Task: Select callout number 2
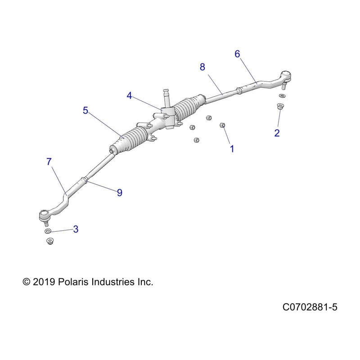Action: pos(277,132)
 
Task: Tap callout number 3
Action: pos(76,229)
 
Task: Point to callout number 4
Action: pos(130,95)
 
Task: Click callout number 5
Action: pos(85,110)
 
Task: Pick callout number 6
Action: pos(237,54)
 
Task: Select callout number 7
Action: pos(49,162)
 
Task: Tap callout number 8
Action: pos(202,67)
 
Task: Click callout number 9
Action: pos(119,192)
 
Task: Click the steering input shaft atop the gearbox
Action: pos(165,97)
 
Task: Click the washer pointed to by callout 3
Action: pos(48,231)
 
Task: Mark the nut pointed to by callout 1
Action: pos(222,125)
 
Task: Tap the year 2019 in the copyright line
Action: pos(43,282)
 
